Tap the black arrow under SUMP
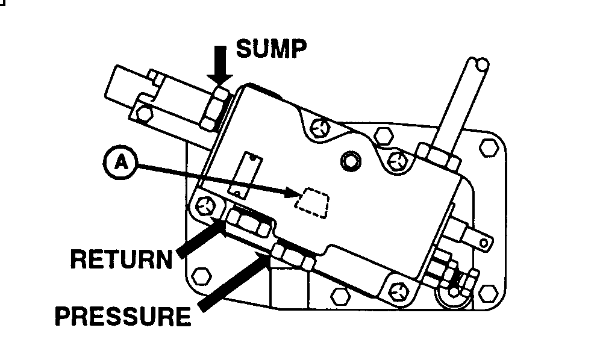(x=220, y=64)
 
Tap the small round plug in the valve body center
(x=349, y=161)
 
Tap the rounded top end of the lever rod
(x=480, y=63)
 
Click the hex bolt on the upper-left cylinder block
(x=143, y=111)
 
